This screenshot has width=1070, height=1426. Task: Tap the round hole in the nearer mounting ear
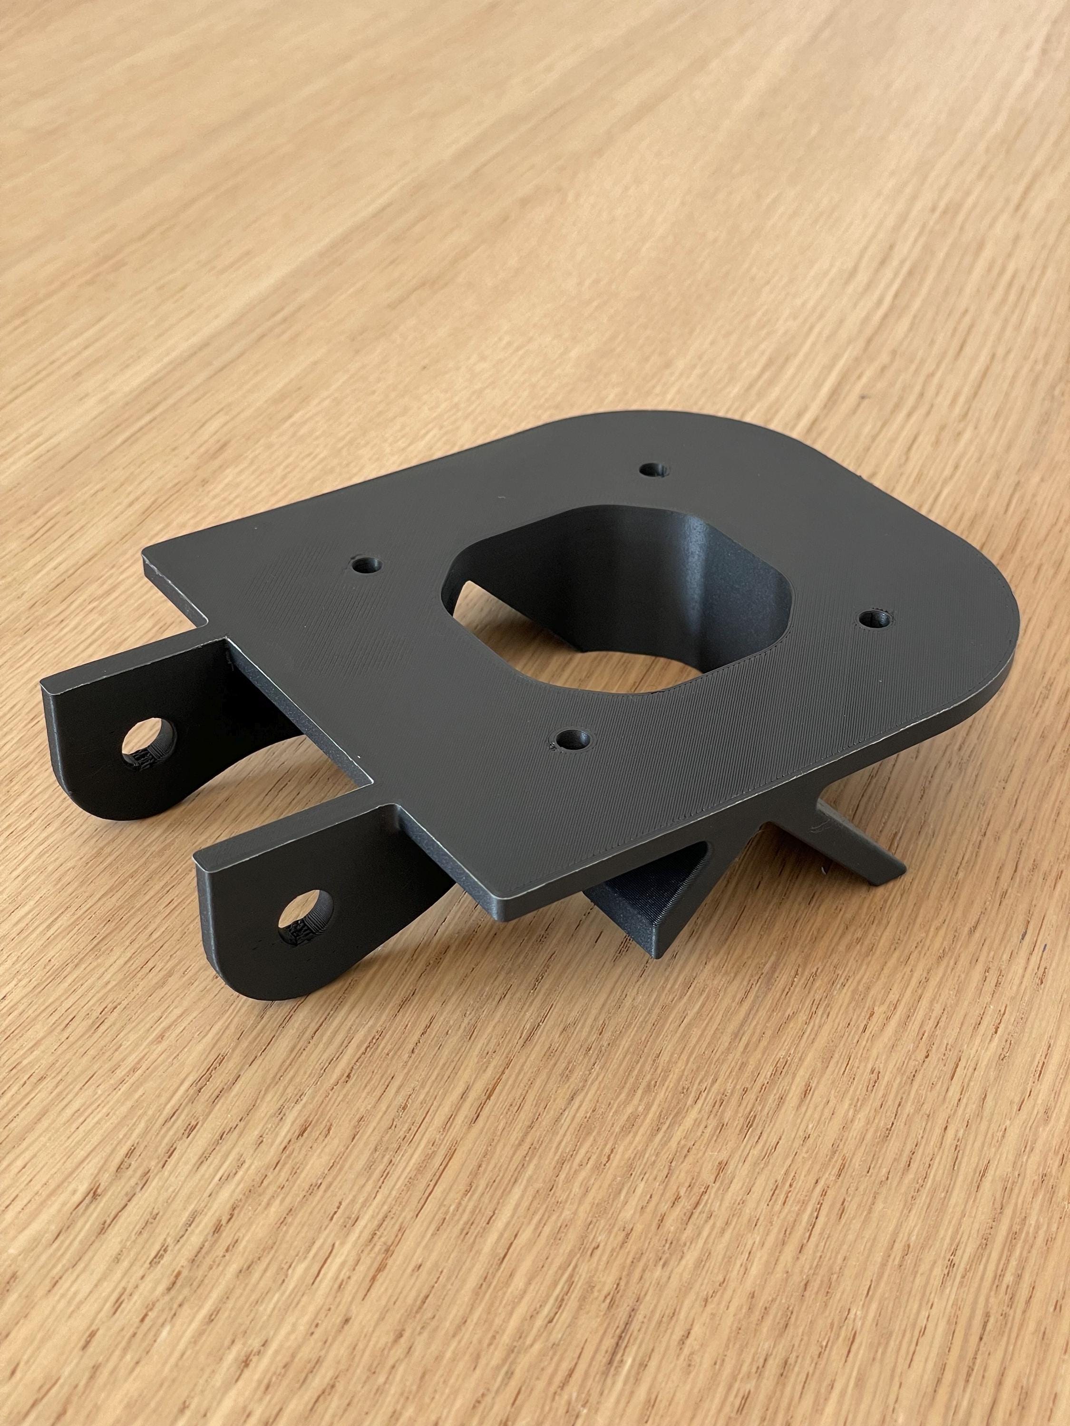pyautogui.click(x=308, y=919)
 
